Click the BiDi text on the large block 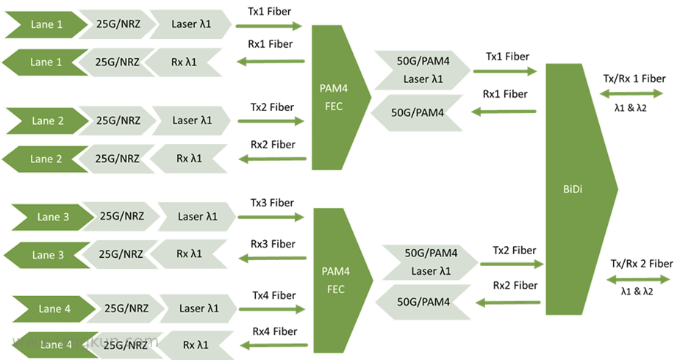click(573, 190)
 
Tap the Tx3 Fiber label click(272, 203)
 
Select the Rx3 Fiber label click(273, 244)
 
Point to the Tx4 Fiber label click(273, 295)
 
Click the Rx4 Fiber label click(274, 331)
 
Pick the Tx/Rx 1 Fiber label click(634, 79)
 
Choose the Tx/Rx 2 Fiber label click(642, 264)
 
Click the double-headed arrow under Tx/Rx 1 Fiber click(631, 93)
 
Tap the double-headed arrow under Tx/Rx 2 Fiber click(638, 279)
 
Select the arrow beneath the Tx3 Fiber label click(271, 217)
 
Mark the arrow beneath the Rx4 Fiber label click(273, 345)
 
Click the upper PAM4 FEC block click(341, 98)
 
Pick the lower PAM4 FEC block click(343, 280)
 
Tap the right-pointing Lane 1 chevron click(46, 25)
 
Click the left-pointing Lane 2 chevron click(45, 159)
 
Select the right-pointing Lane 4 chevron click(54, 309)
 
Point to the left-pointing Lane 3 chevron click(47, 255)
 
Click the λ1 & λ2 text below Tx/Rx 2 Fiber click(637, 291)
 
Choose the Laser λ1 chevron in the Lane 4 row click(198, 309)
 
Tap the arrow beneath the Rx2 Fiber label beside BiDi click(508, 303)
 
